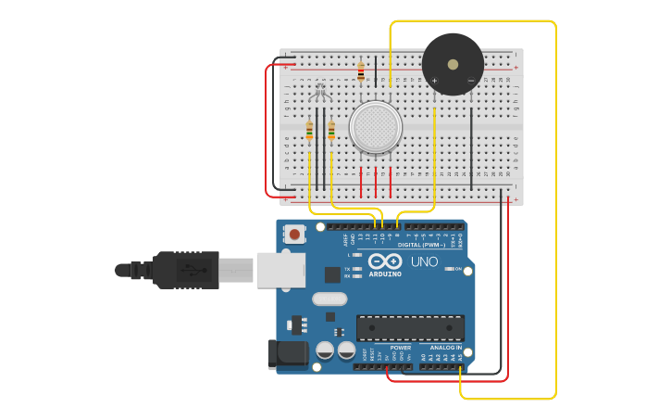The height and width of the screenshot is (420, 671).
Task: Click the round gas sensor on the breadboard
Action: (x=376, y=127)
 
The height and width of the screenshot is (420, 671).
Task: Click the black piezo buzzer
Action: (x=453, y=64)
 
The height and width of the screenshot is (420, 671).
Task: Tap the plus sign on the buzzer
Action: (x=434, y=81)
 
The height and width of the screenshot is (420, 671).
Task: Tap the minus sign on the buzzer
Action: (x=471, y=81)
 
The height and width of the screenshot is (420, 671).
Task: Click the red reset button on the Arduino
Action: (x=294, y=235)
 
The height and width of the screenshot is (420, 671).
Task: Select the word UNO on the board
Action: (x=424, y=262)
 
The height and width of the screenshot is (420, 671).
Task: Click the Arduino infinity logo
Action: (x=385, y=261)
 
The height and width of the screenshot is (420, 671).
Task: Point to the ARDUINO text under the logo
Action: (x=385, y=274)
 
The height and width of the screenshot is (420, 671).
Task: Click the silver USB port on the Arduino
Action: (x=280, y=270)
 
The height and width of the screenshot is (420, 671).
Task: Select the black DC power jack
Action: (x=287, y=354)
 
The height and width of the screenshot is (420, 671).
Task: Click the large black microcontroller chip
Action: (x=410, y=328)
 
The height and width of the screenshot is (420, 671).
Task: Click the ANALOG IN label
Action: (x=446, y=348)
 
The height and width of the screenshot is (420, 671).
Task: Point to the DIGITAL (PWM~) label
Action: (x=421, y=245)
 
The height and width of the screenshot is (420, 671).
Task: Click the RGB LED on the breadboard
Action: (x=320, y=91)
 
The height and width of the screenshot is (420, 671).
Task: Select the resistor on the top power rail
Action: (x=361, y=71)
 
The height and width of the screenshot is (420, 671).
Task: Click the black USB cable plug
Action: (x=185, y=270)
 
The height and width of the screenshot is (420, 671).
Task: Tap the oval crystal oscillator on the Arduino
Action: (x=329, y=299)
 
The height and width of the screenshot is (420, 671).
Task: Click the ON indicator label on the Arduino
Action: (x=457, y=269)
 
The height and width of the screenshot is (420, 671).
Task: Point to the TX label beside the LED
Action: (x=347, y=269)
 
